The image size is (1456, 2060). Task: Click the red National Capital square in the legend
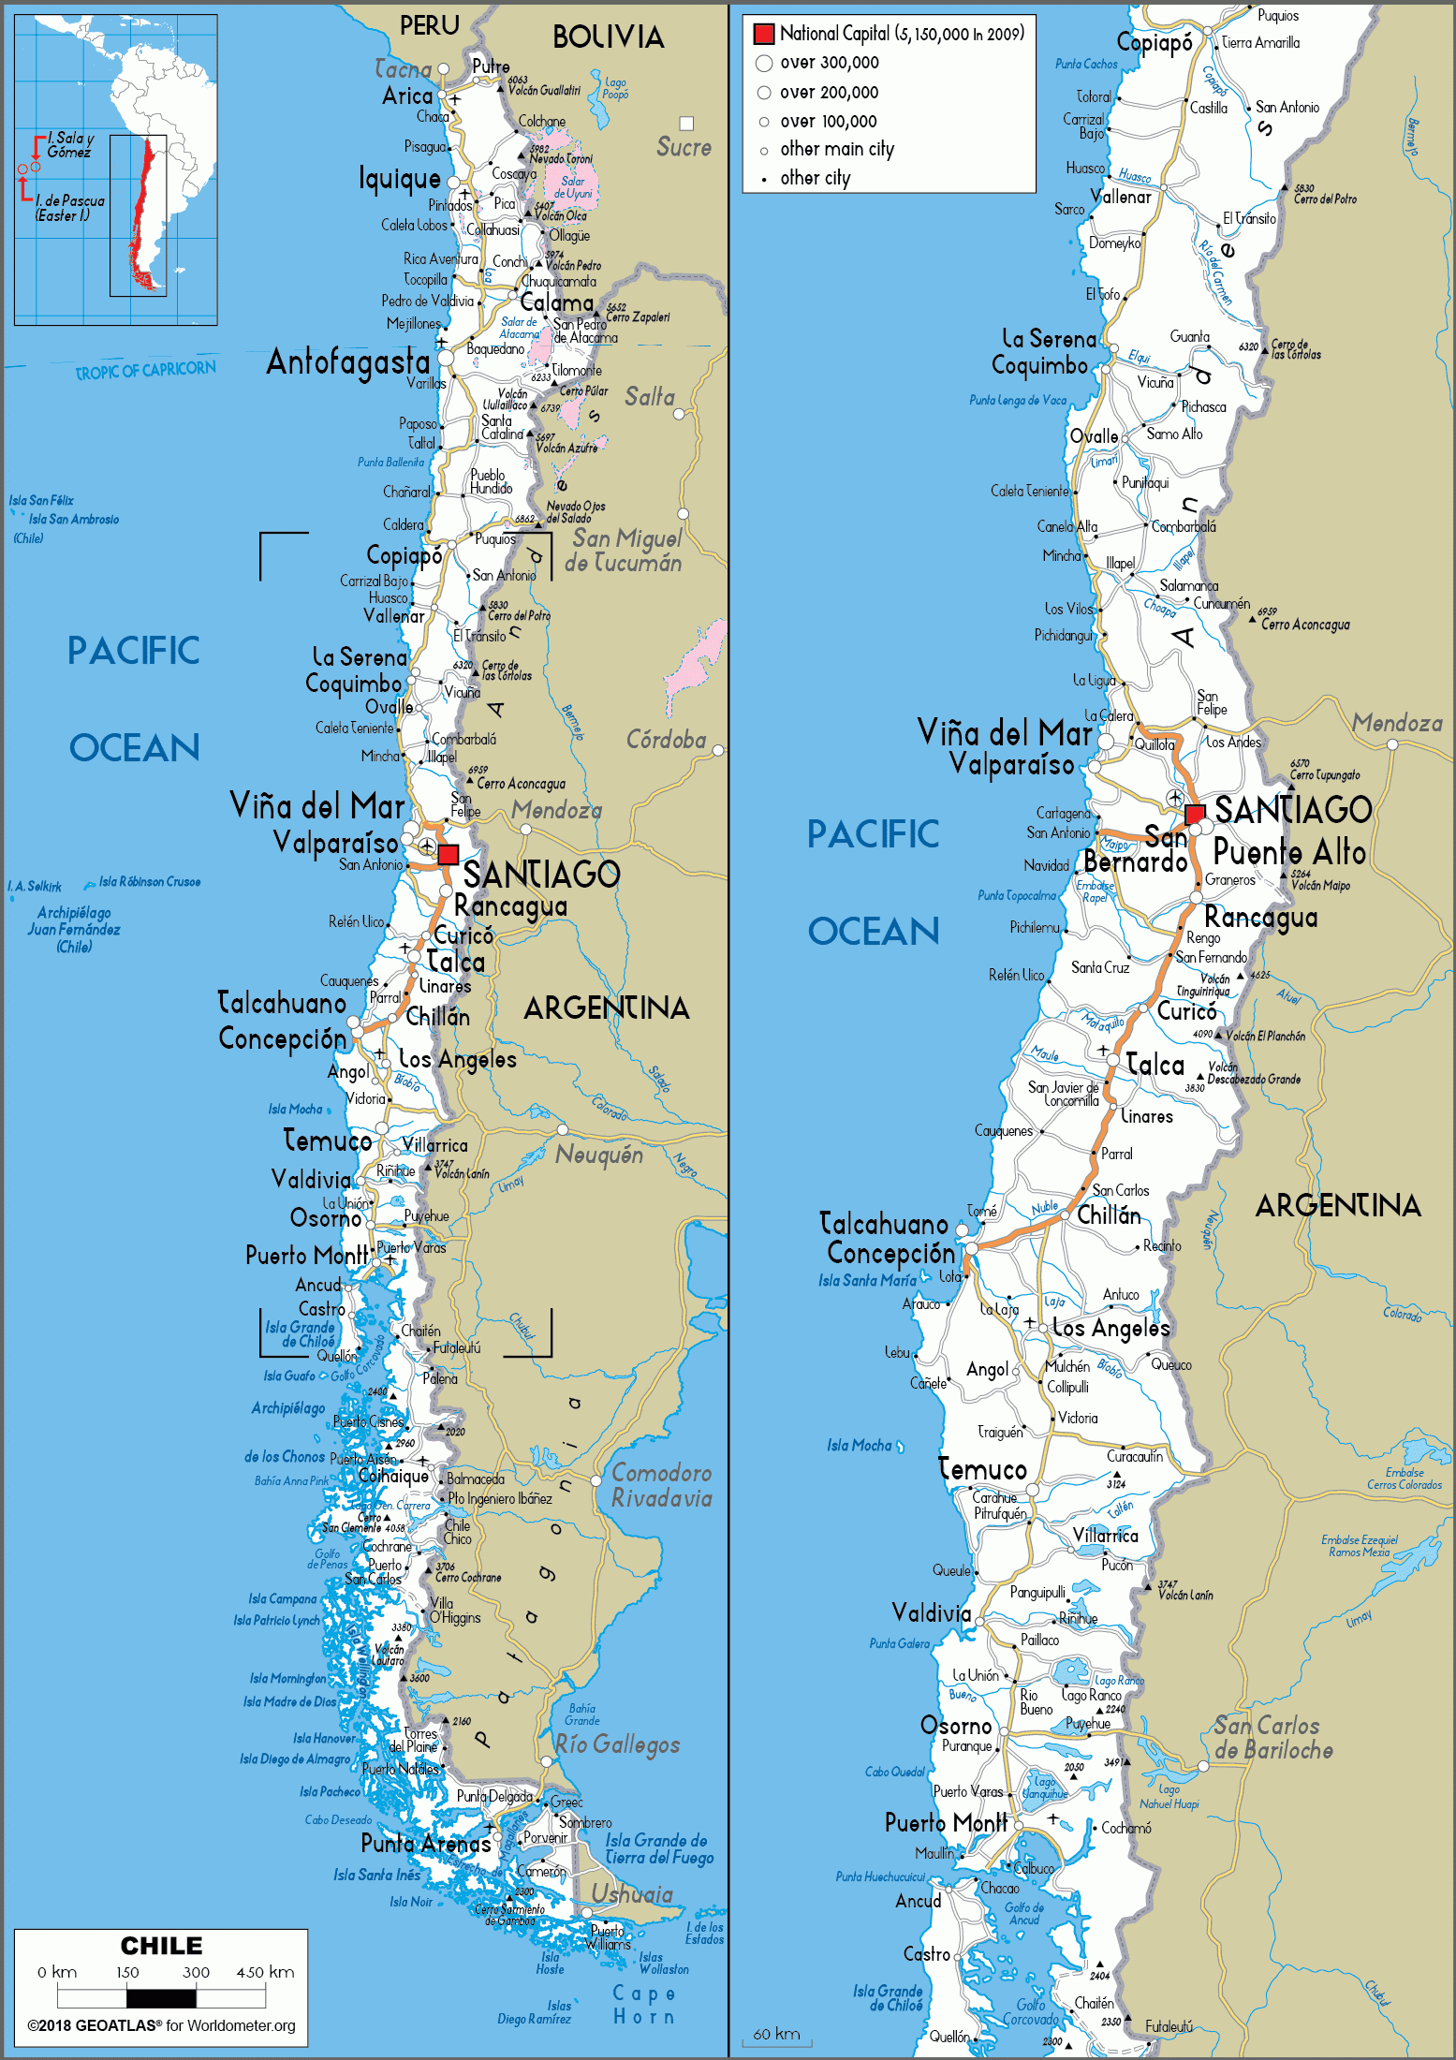tap(764, 35)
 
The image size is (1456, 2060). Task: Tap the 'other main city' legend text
tap(837, 149)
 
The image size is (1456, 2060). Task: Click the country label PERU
tap(429, 26)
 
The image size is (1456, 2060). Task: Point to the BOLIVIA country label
tap(608, 37)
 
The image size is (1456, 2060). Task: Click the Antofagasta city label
tap(347, 361)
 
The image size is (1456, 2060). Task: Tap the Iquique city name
tap(399, 178)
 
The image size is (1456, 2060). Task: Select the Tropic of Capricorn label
tap(145, 371)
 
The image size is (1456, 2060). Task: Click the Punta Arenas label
tap(425, 1844)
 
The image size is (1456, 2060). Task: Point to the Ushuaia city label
tap(631, 1894)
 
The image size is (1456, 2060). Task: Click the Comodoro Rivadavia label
tap(661, 1485)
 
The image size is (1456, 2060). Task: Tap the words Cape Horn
tap(643, 2005)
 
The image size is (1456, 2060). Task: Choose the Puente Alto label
tap(1289, 852)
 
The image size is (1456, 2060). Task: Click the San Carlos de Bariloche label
tap(1272, 1737)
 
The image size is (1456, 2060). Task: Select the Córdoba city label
tap(666, 740)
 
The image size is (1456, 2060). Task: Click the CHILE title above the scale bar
tap(161, 1946)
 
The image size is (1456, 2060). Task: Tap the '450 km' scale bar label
tap(265, 1972)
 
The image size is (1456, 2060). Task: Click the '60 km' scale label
tap(776, 2034)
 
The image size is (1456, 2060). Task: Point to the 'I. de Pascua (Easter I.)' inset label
tap(69, 208)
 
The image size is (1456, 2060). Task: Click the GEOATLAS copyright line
tap(161, 2025)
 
